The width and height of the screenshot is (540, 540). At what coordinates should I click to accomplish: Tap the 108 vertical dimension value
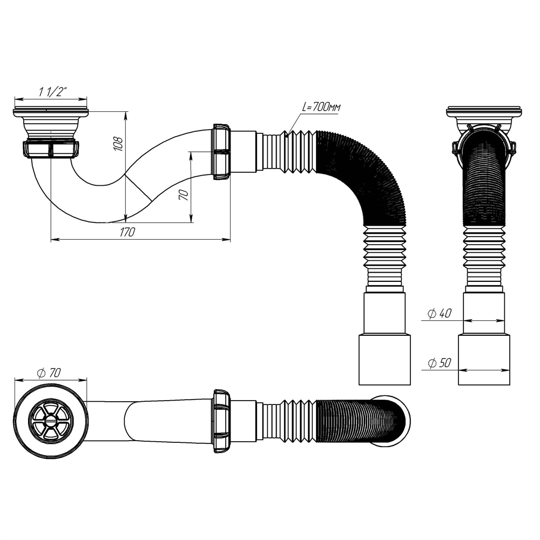(x=119, y=143)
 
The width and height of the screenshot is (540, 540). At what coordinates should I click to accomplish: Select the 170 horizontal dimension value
(x=127, y=232)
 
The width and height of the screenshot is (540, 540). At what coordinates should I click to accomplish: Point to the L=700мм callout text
(x=321, y=107)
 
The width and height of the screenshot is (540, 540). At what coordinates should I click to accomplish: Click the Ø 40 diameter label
(x=439, y=313)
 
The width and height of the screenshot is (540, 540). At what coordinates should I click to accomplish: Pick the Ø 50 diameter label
(x=439, y=363)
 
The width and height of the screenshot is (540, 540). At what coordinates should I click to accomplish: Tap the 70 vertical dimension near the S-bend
(x=184, y=195)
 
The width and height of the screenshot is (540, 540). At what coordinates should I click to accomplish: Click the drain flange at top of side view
(x=50, y=112)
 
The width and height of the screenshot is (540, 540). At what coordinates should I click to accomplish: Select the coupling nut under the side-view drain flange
(x=51, y=149)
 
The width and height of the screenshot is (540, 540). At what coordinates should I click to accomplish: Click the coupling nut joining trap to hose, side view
(x=222, y=152)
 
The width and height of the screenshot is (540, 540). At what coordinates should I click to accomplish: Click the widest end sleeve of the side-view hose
(x=384, y=359)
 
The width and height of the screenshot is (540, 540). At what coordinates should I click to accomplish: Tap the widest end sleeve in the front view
(x=484, y=359)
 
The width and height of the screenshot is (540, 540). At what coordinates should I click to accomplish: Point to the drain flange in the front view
(x=484, y=112)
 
